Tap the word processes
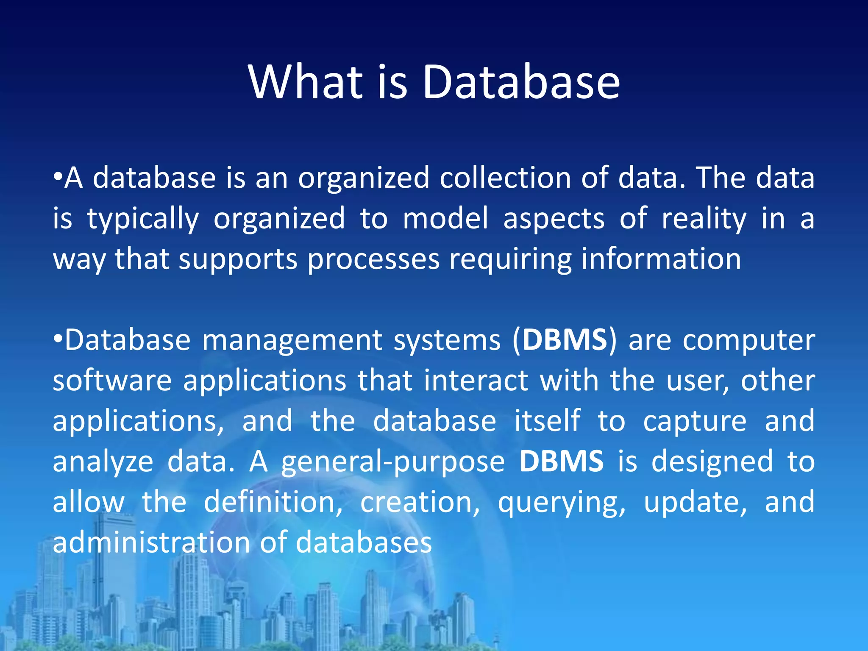click(x=373, y=259)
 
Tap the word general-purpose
click(x=393, y=462)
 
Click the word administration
click(x=151, y=542)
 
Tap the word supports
click(x=238, y=259)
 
